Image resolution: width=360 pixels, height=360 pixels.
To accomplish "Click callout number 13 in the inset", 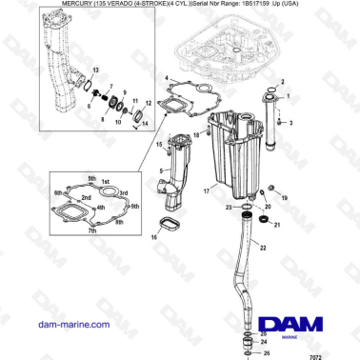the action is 94,70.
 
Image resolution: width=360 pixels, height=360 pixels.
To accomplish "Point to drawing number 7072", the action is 341,352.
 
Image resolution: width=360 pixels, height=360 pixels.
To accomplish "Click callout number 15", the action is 160,144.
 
